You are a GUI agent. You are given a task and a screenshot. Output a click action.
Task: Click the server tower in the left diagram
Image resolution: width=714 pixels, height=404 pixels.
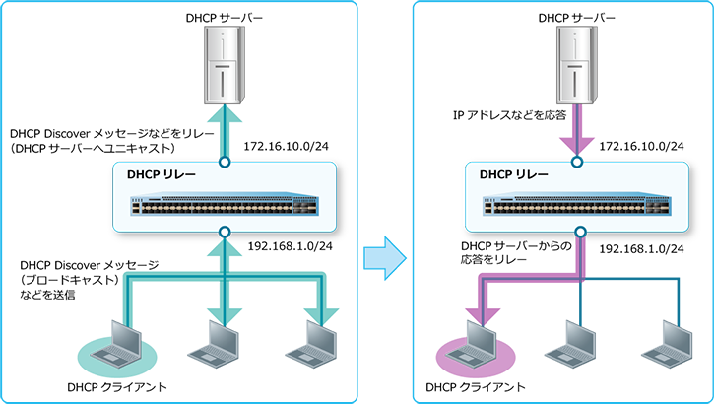[225, 65]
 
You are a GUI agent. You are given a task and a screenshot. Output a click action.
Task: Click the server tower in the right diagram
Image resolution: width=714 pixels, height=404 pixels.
[577, 65]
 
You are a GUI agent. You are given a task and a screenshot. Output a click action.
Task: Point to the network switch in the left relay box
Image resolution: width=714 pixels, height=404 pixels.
[225, 205]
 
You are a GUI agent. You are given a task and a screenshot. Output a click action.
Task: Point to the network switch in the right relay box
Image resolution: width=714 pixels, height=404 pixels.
[577, 205]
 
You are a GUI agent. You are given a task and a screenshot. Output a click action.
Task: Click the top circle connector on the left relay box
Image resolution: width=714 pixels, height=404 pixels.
[225, 160]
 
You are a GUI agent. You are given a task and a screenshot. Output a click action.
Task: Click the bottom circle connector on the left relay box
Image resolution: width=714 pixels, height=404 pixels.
[225, 233]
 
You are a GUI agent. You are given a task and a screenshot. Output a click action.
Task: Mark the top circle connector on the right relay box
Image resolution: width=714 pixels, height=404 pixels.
[577, 160]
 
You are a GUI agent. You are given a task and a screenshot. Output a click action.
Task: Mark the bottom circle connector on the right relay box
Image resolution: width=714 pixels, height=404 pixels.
[577, 233]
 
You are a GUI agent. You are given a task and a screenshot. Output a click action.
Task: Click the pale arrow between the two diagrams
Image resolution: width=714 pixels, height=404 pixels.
[384, 259]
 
